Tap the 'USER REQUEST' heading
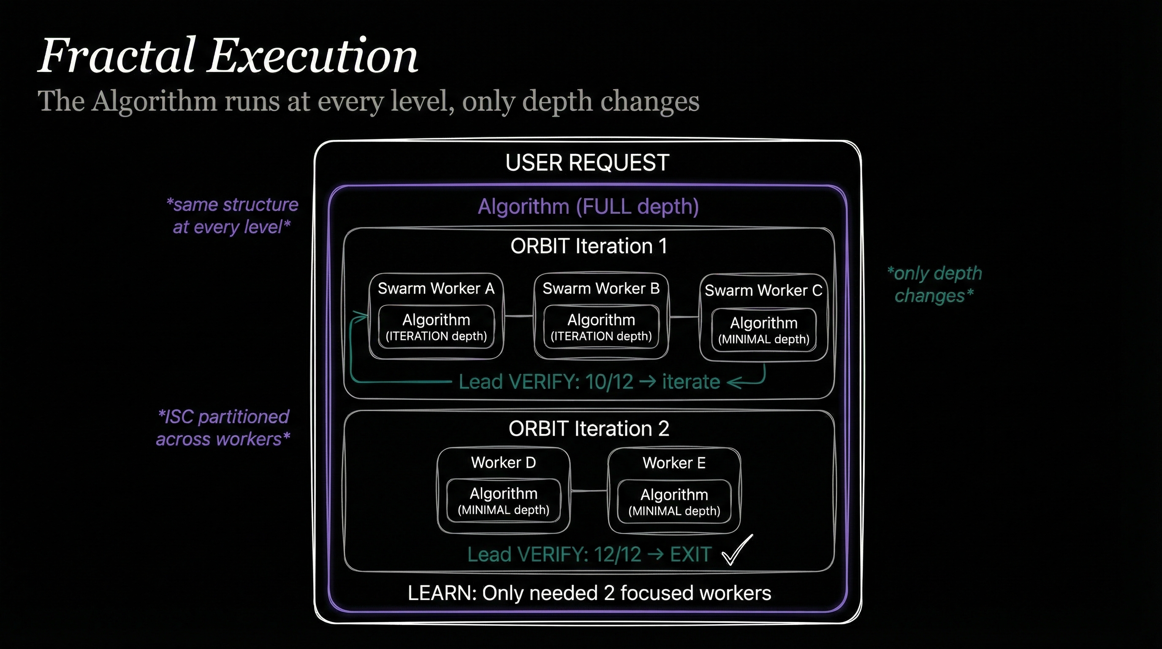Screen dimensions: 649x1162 pyautogui.click(x=587, y=163)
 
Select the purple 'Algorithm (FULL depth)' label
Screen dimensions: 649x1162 pyautogui.click(x=588, y=207)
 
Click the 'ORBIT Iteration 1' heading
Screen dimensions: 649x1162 pyautogui.click(x=588, y=246)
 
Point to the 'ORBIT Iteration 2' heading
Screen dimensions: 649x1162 pyautogui.click(x=588, y=429)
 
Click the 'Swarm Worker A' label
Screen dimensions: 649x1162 pyautogui.click(x=436, y=289)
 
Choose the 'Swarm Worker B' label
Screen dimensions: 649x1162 pyautogui.click(x=601, y=289)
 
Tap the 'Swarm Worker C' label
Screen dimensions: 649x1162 pyautogui.click(x=763, y=290)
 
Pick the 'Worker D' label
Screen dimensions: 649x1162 pyautogui.click(x=503, y=463)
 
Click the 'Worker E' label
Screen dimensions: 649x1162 pyautogui.click(x=674, y=463)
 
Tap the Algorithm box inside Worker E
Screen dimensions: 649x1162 pyautogui.click(x=674, y=502)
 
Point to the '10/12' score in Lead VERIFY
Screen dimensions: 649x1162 pyautogui.click(x=609, y=382)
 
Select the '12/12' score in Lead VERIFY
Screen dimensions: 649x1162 pyautogui.click(x=617, y=555)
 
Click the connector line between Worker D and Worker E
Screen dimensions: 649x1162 pyautogui.click(x=589, y=491)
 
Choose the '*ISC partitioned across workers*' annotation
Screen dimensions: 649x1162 pyautogui.click(x=223, y=428)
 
